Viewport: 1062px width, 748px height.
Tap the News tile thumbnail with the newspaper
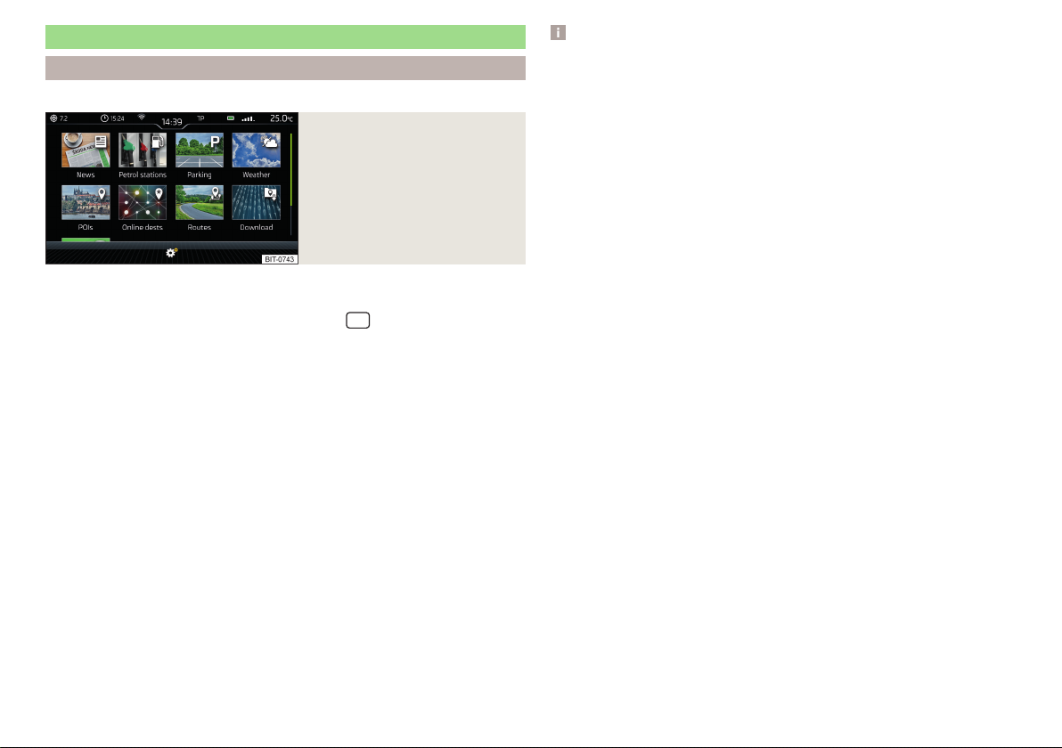click(x=86, y=150)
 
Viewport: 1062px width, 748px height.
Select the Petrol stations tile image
click(x=143, y=150)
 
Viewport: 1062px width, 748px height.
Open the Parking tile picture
click(x=200, y=150)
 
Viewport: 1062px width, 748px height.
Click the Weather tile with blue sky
click(x=256, y=150)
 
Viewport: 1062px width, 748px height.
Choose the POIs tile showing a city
click(x=86, y=202)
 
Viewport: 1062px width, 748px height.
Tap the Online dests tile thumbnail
click(x=143, y=202)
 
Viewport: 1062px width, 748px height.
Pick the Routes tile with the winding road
click(x=200, y=202)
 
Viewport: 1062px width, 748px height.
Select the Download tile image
click(x=256, y=202)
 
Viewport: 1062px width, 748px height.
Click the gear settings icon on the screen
click(x=171, y=253)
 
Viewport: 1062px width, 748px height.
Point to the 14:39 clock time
click(x=171, y=122)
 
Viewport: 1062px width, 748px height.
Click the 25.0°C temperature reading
click(x=281, y=118)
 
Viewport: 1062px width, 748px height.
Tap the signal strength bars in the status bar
click(x=248, y=118)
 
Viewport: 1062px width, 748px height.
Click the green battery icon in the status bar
click(x=230, y=118)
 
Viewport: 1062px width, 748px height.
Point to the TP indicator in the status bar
click(x=200, y=118)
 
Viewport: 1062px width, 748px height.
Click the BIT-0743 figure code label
click(x=280, y=259)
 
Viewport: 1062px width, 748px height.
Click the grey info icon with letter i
click(x=558, y=32)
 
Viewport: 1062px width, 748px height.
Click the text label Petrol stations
click(x=143, y=175)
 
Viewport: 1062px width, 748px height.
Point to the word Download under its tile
click(x=256, y=227)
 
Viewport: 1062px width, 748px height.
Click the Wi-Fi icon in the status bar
click(x=142, y=118)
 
